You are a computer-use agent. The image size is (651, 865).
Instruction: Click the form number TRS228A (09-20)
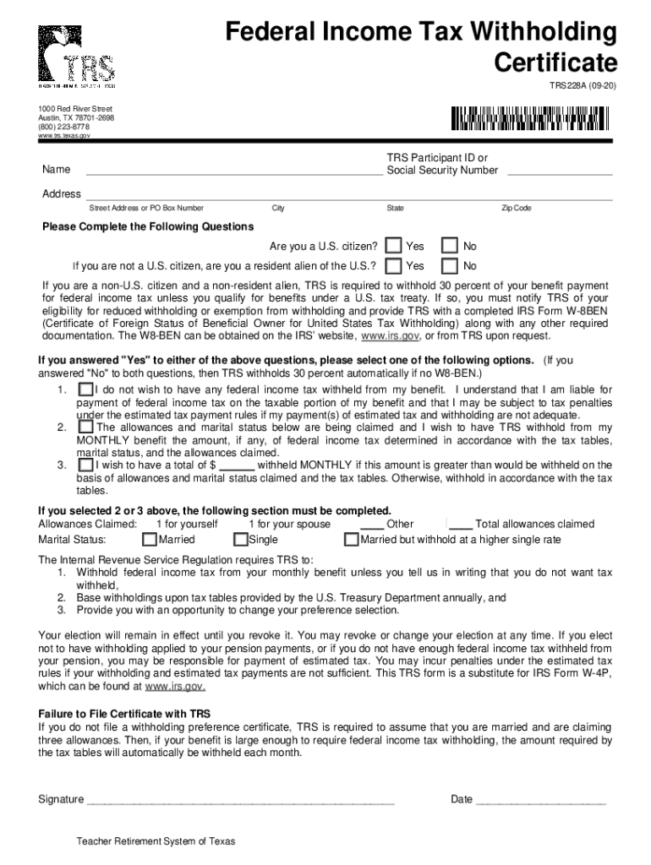[583, 86]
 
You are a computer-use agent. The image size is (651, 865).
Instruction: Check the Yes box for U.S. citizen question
[393, 246]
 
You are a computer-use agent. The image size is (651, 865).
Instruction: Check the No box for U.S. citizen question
[451, 246]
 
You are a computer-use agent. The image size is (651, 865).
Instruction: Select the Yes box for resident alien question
[393, 266]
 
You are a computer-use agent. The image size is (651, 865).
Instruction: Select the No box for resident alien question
[451, 266]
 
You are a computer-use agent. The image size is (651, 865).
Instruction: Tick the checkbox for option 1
[85, 389]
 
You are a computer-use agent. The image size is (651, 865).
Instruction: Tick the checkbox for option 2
[85, 427]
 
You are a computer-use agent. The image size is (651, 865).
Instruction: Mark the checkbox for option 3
[85, 465]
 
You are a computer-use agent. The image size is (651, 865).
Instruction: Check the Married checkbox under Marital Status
[150, 539]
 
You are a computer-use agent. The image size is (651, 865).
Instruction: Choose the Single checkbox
[241, 539]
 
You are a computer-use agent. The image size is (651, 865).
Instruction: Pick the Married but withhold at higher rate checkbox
[352, 539]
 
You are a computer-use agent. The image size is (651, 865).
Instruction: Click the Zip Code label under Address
[516, 208]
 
